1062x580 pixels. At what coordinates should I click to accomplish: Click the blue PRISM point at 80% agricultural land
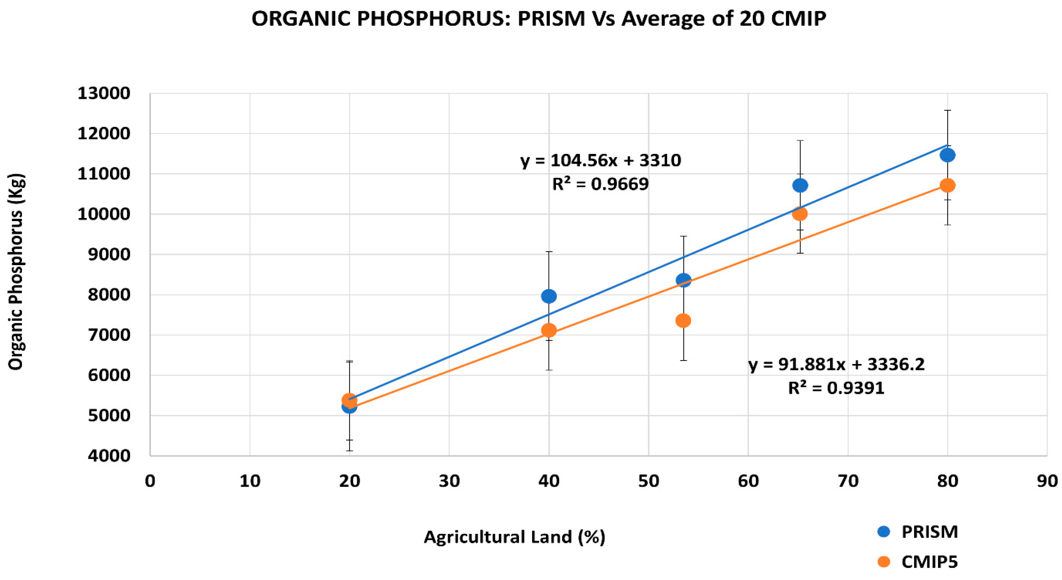(948, 155)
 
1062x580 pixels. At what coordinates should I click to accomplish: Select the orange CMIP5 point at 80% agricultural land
(948, 185)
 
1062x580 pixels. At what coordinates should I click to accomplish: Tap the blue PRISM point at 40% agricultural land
(549, 296)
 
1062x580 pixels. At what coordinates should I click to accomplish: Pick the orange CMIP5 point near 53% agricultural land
(683, 321)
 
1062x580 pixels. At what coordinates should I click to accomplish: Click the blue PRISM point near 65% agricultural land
(800, 185)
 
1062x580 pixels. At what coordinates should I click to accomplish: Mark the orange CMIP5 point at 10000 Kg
(800, 214)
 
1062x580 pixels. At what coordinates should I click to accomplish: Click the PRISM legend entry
(929, 532)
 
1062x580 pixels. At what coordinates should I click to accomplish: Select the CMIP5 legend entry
(929, 562)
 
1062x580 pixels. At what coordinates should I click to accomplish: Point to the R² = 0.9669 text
(600, 184)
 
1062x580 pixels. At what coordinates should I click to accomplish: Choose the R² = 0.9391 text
(836, 388)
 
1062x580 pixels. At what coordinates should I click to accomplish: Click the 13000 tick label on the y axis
(104, 93)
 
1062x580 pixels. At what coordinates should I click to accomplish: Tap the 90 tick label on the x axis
(1047, 481)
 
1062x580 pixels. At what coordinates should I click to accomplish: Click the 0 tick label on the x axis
(150, 481)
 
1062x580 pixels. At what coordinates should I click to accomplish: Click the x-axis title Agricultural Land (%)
(514, 537)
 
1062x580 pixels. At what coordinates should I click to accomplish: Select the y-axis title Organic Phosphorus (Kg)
(16, 272)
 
